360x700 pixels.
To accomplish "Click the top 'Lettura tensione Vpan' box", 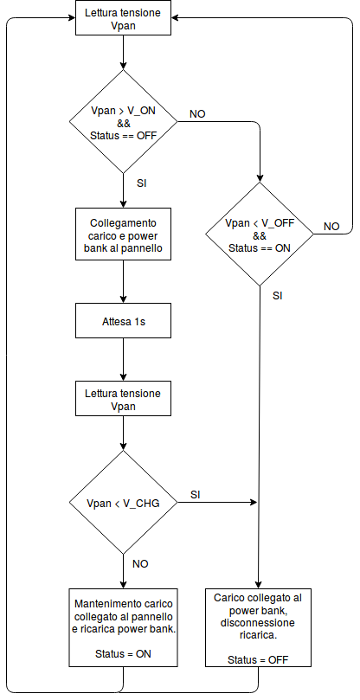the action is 123,18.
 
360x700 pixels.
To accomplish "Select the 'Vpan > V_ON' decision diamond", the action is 123,121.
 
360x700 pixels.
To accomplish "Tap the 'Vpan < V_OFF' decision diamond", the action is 260,234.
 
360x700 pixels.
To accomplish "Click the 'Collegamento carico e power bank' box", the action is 123,234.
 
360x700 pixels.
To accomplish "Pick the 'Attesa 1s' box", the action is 123,320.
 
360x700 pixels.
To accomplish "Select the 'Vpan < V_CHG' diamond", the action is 123,503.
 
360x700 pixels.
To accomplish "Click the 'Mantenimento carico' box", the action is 123,627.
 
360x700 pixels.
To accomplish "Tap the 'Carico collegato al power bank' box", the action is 258,627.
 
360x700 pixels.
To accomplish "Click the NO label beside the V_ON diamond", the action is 197,114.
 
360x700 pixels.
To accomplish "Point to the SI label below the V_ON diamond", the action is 142,183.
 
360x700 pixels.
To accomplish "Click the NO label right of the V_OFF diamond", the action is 331,227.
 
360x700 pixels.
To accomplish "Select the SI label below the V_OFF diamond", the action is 278,296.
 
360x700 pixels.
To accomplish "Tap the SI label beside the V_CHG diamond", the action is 196,495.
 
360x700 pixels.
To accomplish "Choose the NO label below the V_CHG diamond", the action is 140,564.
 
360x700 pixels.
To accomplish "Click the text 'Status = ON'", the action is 123,654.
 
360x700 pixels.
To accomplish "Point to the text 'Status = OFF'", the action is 258,660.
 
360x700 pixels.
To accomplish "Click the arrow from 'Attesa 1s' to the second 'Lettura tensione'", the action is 123,359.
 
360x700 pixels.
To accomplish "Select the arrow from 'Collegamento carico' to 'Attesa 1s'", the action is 123,282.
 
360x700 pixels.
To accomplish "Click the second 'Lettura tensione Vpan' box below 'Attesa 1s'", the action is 123,399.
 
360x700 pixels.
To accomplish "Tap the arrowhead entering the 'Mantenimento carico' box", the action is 123,584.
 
